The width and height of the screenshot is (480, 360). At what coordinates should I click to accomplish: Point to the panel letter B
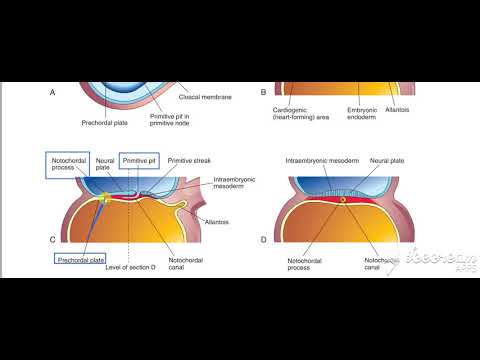click(x=263, y=93)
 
